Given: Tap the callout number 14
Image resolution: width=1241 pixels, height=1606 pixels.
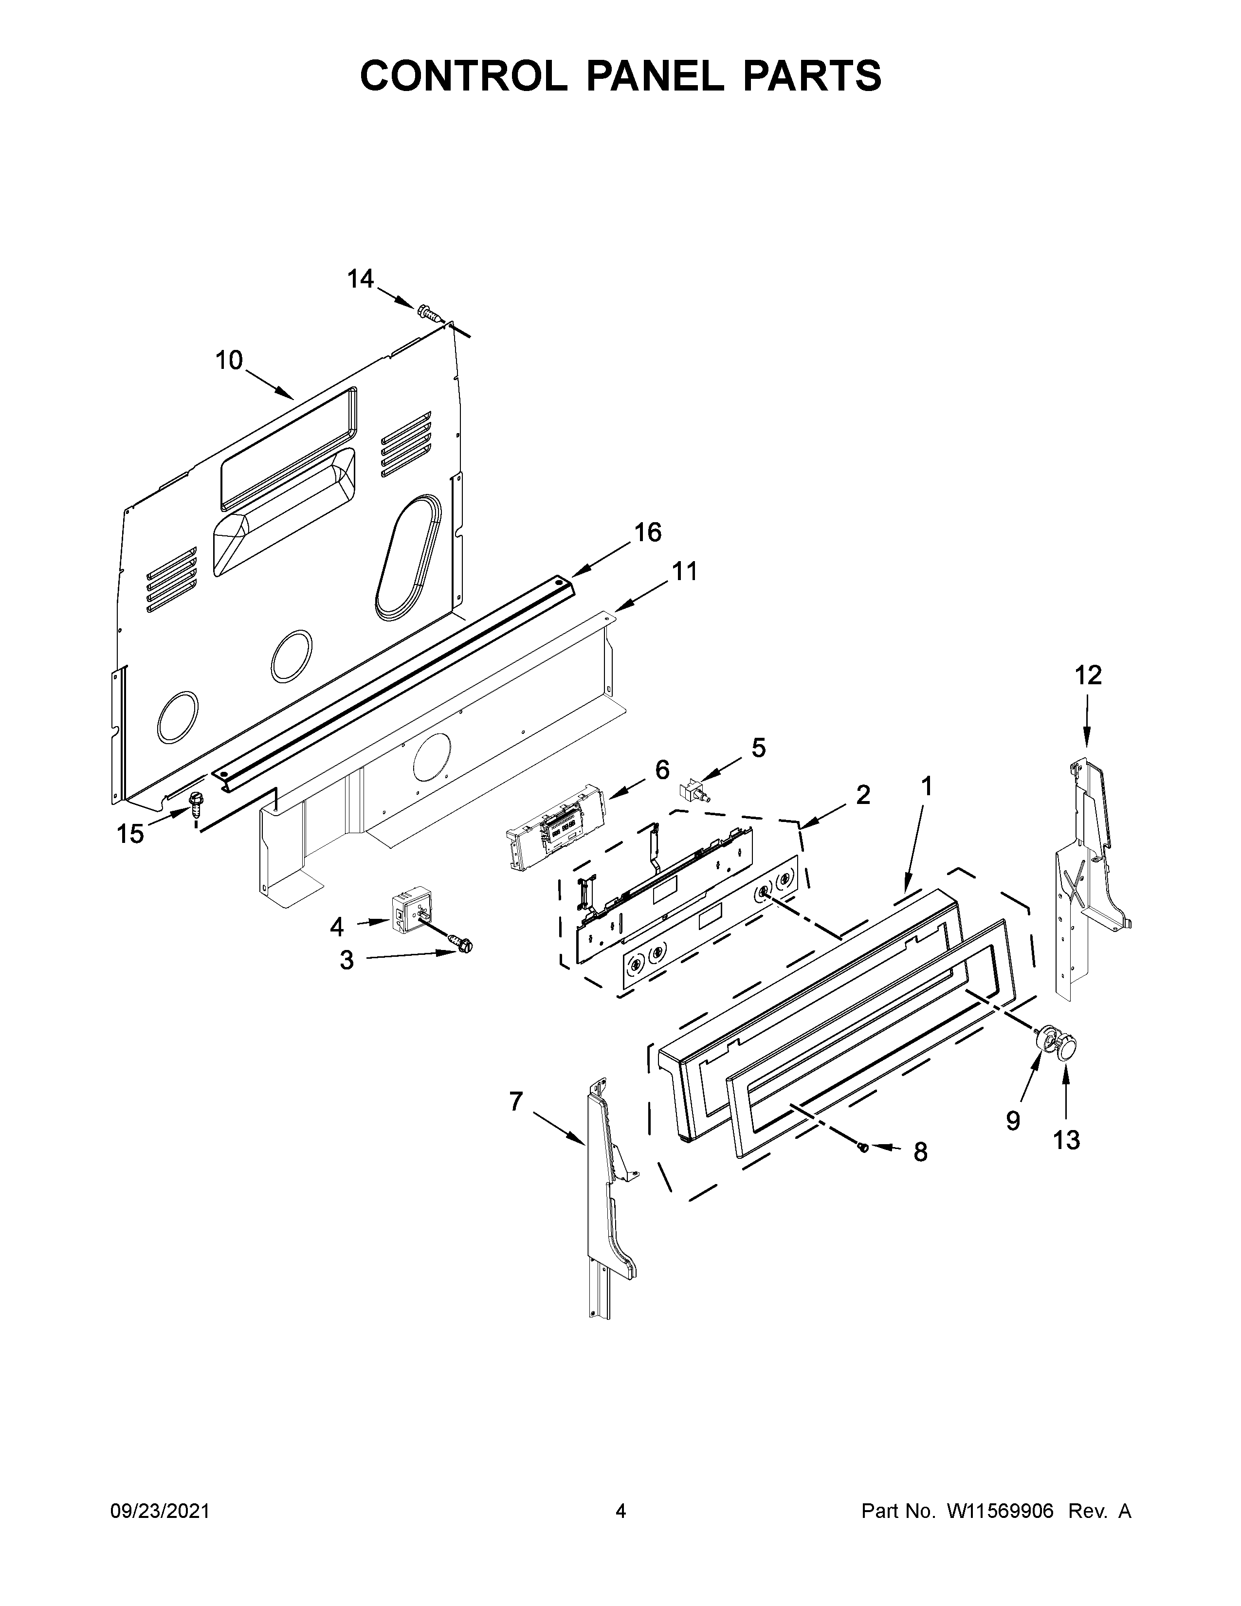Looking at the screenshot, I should [x=360, y=279].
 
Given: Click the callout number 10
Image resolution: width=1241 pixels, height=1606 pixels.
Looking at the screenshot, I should [x=229, y=360].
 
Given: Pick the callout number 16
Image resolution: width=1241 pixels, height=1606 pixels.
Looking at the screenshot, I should [x=648, y=531].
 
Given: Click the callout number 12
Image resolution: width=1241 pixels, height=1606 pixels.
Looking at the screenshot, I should [x=1088, y=675].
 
